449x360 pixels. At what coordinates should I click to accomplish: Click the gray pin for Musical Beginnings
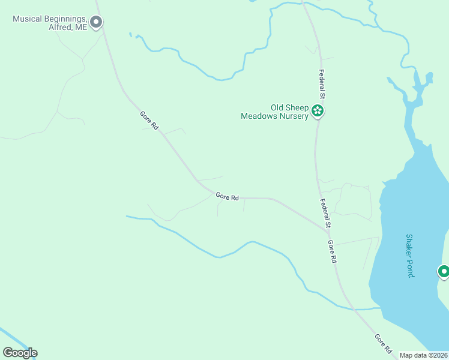tap(96, 22)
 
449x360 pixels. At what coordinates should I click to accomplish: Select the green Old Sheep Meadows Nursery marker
tap(318, 111)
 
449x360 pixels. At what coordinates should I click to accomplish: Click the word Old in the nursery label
tap(277, 108)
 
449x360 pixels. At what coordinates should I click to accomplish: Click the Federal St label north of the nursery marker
tap(322, 85)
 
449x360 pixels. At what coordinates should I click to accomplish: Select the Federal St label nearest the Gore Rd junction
tap(325, 214)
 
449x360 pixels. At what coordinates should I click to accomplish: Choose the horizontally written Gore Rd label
tap(228, 197)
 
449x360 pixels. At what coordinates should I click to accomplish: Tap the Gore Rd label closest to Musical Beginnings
tap(149, 121)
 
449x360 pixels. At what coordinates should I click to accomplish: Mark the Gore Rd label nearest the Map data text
tap(384, 344)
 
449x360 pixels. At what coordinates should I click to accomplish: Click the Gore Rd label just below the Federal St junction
tap(333, 252)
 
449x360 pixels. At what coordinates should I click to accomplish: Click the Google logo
tap(20, 353)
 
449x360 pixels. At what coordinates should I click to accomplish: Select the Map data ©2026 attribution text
tap(424, 355)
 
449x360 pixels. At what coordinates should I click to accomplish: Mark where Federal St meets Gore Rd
tap(328, 230)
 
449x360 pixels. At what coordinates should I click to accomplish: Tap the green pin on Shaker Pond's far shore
tap(444, 272)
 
